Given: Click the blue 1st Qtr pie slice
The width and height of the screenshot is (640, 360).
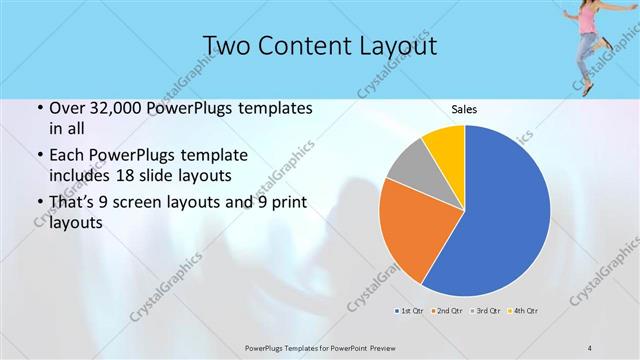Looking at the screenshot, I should (x=500, y=215).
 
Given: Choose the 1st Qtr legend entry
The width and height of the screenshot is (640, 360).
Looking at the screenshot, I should (x=408, y=311).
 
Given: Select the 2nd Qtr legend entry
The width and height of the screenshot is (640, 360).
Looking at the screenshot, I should (x=446, y=311).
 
